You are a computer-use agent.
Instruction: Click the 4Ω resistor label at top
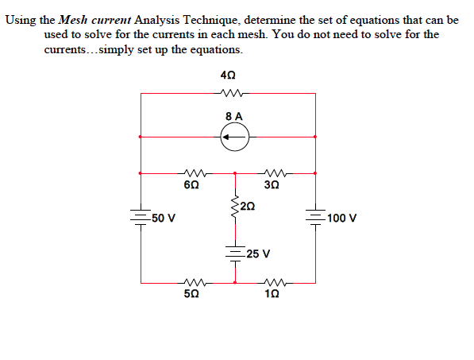pyautogui.click(x=228, y=75)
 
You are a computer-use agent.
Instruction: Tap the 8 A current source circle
pyautogui.click(x=235, y=138)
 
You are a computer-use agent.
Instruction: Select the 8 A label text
pyautogui.click(x=234, y=116)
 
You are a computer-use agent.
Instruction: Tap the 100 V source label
pyautogui.click(x=342, y=218)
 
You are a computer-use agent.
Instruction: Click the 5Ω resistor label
pyautogui.click(x=191, y=294)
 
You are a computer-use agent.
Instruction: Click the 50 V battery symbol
pyautogui.click(x=141, y=217)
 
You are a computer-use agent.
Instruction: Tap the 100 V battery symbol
pyautogui.click(x=315, y=217)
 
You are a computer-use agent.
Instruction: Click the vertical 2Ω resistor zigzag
pyautogui.click(x=235, y=208)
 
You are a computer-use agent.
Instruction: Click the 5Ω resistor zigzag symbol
pyautogui.click(x=191, y=281)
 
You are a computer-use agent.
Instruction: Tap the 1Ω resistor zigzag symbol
pyautogui.click(x=275, y=281)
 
